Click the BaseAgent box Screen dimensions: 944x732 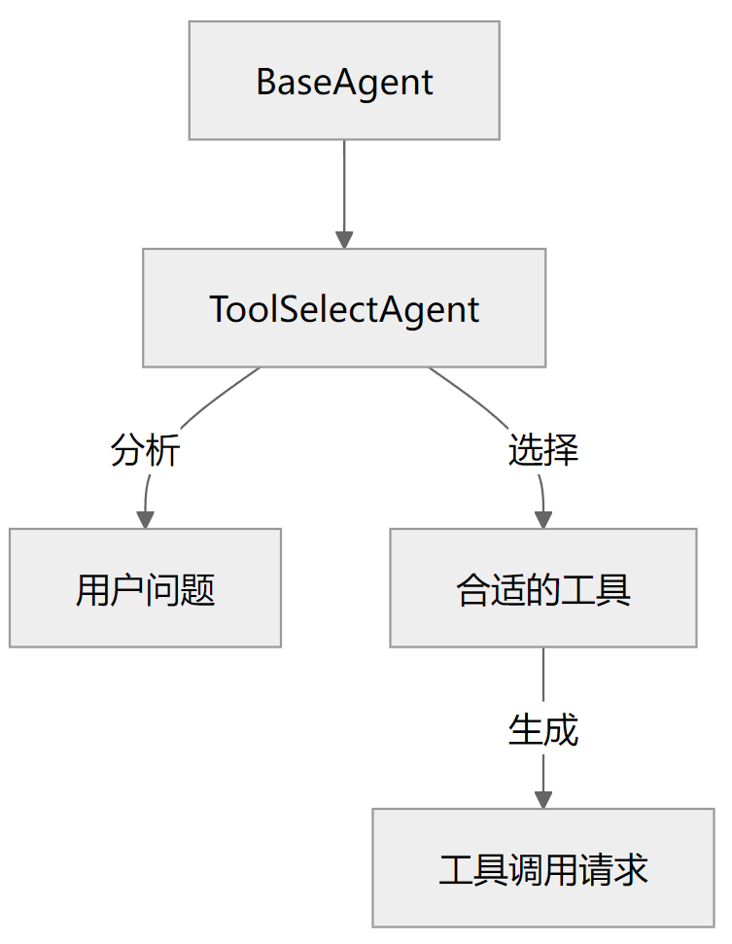pos(344,81)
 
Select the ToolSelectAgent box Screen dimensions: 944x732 pos(344,308)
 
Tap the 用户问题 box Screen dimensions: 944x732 pos(145,588)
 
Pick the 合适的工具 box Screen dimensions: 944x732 pos(543,588)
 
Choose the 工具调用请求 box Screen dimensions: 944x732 pos(543,868)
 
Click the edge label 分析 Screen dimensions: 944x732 pos(145,451)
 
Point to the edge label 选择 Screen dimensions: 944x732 pos(543,451)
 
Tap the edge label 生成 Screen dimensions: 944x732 pos(543,729)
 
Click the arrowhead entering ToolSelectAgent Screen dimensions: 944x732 pos(344,239)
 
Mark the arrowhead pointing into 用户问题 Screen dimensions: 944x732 pos(146,519)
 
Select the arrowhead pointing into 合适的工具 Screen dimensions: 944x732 pos(543,519)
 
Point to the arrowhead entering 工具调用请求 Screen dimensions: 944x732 pos(543,799)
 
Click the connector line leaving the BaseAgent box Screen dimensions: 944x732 pos(344,185)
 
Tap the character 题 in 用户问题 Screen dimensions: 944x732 pos(198,589)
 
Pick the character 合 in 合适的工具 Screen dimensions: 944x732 pos(473,589)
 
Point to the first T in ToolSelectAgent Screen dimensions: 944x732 pos(220,309)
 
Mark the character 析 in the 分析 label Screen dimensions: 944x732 pos(162,451)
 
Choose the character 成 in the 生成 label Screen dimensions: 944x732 pos(561,729)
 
